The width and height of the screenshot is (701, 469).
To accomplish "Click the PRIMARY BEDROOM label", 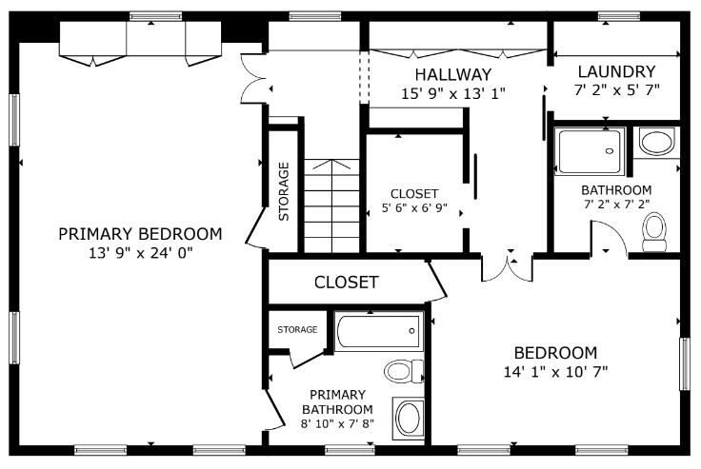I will pyautogui.click(x=140, y=234).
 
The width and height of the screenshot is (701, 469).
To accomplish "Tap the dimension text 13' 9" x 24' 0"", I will pyautogui.click(x=140, y=253).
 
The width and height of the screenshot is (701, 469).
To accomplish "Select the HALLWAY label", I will pyautogui.click(x=453, y=74).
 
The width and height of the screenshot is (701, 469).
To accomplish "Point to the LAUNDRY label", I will pyautogui.click(x=616, y=71).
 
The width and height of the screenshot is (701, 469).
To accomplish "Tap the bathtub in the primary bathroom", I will pyautogui.click(x=378, y=332).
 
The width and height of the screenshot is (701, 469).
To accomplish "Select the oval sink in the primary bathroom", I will pyautogui.click(x=410, y=419).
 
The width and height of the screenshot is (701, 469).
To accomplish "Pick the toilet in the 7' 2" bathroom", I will pyautogui.click(x=654, y=231).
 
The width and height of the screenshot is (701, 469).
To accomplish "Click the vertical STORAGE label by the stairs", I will pyautogui.click(x=284, y=191).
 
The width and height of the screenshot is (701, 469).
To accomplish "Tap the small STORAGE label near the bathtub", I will pyautogui.click(x=297, y=330).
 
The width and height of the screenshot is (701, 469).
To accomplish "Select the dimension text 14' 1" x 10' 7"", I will pyautogui.click(x=555, y=371).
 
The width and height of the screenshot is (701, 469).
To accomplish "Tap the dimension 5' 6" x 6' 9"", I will pyautogui.click(x=414, y=209).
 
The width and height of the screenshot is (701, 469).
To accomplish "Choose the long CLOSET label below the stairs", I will pyautogui.click(x=347, y=283).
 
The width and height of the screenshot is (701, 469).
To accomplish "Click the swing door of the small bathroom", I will pyautogui.click(x=607, y=239).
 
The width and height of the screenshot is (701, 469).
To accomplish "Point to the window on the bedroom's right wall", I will pyautogui.click(x=683, y=363).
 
